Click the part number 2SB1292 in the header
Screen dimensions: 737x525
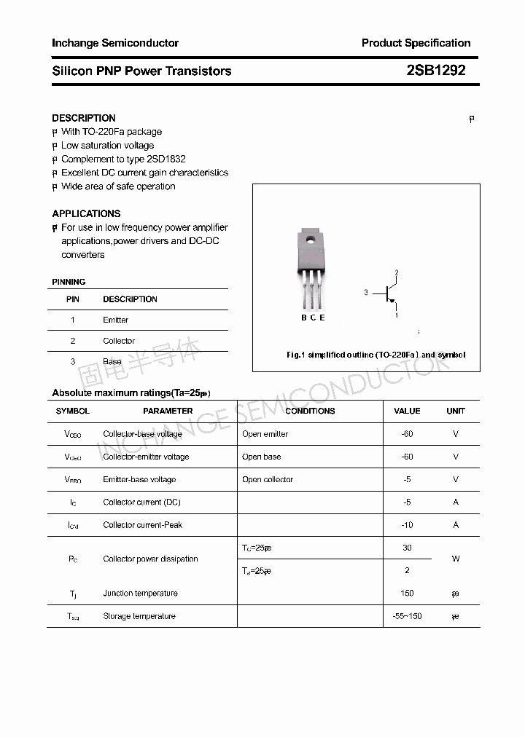click(x=435, y=71)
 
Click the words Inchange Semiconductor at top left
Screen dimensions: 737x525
click(x=115, y=43)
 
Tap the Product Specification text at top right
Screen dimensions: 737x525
click(x=416, y=43)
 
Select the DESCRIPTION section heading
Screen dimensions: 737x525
click(x=84, y=118)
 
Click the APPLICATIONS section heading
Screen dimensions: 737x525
click(x=86, y=213)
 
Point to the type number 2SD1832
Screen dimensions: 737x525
click(x=166, y=159)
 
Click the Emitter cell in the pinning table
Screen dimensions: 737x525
click(x=115, y=320)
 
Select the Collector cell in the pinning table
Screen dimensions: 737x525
click(x=119, y=341)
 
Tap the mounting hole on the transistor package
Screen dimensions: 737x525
click(x=311, y=239)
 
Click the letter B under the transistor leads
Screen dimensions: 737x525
click(x=304, y=317)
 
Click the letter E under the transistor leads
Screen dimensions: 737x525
click(x=322, y=317)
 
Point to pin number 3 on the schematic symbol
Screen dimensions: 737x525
click(x=366, y=292)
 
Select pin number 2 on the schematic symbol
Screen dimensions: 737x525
click(x=397, y=273)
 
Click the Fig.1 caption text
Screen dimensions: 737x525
click(x=376, y=355)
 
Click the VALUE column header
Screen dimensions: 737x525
click(x=407, y=411)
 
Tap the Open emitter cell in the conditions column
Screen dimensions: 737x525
click(x=265, y=434)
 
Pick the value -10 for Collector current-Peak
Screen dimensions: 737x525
click(x=407, y=524)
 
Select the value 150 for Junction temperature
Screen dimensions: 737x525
click(x=407, y=593)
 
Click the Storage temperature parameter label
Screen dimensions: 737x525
click(x=139, y=616)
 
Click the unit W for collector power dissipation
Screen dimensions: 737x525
click(x=456, y=559)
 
